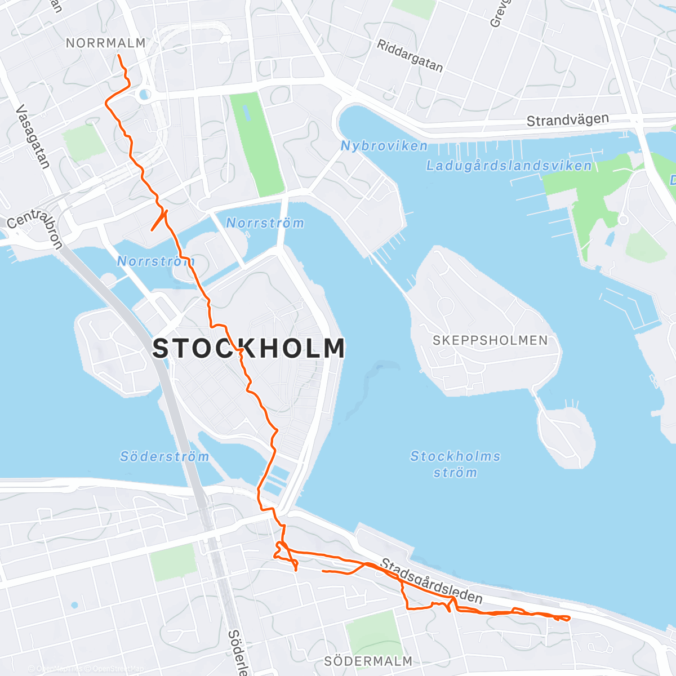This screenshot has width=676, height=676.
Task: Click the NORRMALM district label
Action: point(106,43)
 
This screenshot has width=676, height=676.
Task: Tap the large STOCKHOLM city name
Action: point(249,348)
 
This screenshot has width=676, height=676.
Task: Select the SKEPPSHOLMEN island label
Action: point(490,340)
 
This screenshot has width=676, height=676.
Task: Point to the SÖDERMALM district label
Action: point(368,661)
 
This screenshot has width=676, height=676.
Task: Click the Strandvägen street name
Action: point(567,120)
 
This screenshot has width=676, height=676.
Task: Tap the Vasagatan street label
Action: point(33,137)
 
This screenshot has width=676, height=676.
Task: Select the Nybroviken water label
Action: point(384,146)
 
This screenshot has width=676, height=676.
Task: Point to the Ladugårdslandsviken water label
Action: point(509,166)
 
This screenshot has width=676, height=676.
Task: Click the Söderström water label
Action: point(164,456)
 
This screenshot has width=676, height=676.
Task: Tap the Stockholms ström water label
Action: point(455,464)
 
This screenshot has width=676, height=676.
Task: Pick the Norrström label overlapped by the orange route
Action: point(155,261)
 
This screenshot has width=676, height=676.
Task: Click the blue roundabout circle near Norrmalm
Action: point(145,95)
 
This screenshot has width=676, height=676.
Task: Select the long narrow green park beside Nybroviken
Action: point(257,144)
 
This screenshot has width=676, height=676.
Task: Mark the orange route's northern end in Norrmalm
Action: point(119,55)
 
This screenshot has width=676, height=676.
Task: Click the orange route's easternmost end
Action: point(569,618)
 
